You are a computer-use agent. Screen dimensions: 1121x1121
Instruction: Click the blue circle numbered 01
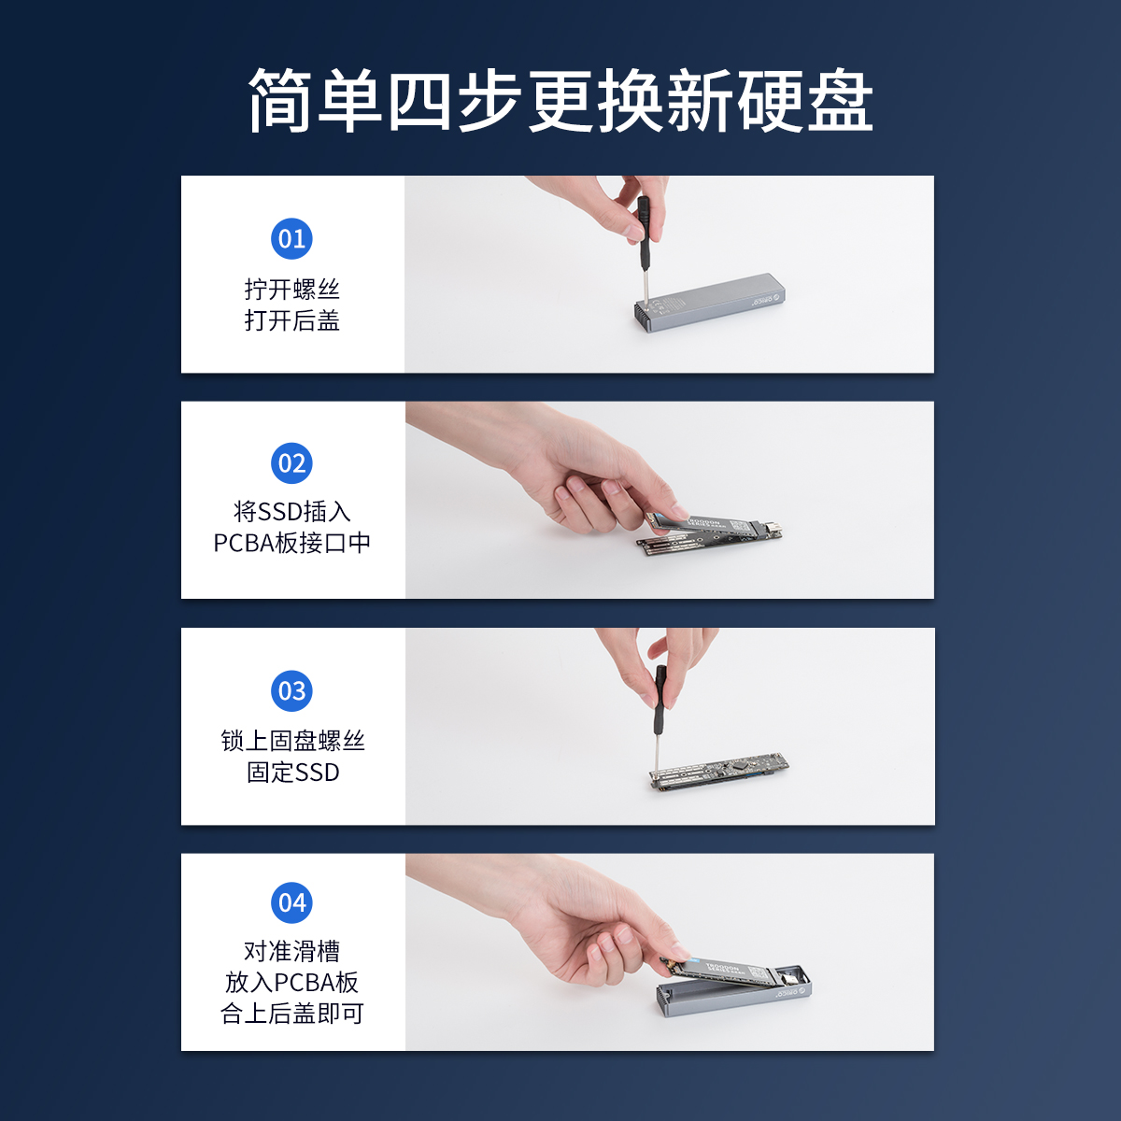click(x=291, y=238)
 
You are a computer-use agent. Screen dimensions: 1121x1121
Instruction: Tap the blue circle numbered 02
click(x=291, y=463)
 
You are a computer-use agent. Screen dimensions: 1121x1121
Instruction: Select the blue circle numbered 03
click(x=291, y=690)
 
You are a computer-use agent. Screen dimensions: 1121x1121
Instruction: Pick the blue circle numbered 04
click(x=291, y=902)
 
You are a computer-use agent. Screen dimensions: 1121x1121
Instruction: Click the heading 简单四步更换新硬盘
click(x=560, y=100)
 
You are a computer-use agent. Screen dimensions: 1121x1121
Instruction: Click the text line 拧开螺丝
click(x=292, y=289)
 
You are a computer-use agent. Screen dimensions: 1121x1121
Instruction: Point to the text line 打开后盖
click(x=292, y=320)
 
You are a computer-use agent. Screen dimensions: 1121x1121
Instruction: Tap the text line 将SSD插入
click(x=292, y=511)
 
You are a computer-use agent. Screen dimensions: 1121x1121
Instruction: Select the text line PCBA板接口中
click(x=292, y=543)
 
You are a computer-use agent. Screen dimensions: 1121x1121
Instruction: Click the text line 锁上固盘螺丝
click(x=292, y=741)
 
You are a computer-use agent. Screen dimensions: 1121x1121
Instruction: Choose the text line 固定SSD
click(x=292, y=772)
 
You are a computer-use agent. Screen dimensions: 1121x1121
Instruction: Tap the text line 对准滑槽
click(x=292, y=951)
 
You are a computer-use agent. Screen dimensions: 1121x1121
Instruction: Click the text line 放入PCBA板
click(x=292, y=983)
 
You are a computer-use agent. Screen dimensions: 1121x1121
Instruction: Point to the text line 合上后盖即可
click(x=292, y=1014)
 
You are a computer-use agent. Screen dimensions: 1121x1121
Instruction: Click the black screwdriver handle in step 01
click(x=643, y=233)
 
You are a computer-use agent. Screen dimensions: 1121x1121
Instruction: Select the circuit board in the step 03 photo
click(x=719, y=772)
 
